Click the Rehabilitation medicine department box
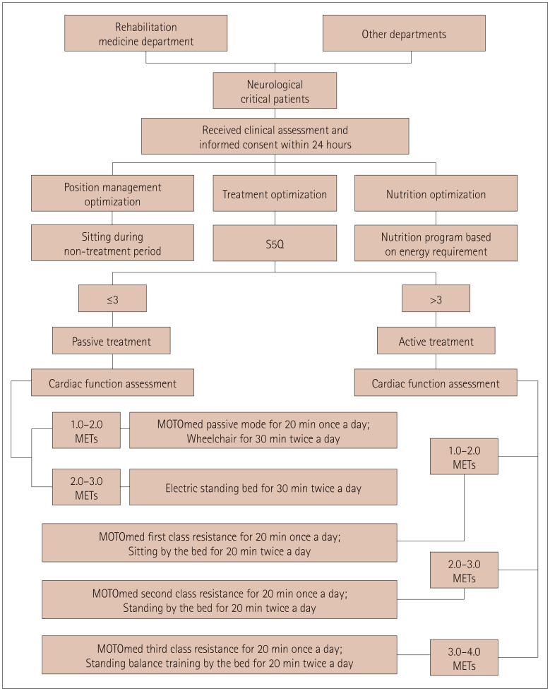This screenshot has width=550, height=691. click(145, 33)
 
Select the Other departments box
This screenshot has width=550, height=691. click(404, 33)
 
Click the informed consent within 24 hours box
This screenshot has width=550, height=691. click(275, 136)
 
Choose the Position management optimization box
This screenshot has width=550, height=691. click(113, 193)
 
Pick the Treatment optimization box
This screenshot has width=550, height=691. click(275, 193)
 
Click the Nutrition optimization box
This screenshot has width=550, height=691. click(436, 193)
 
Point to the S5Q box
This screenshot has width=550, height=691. click(275, 242)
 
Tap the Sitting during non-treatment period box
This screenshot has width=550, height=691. click(113, 242)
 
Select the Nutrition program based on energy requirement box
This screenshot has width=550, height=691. click(436, 242)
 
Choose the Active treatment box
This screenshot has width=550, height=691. click(436, 342)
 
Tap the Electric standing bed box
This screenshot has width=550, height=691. click(259, 486)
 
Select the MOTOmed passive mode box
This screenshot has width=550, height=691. click(259, 431)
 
